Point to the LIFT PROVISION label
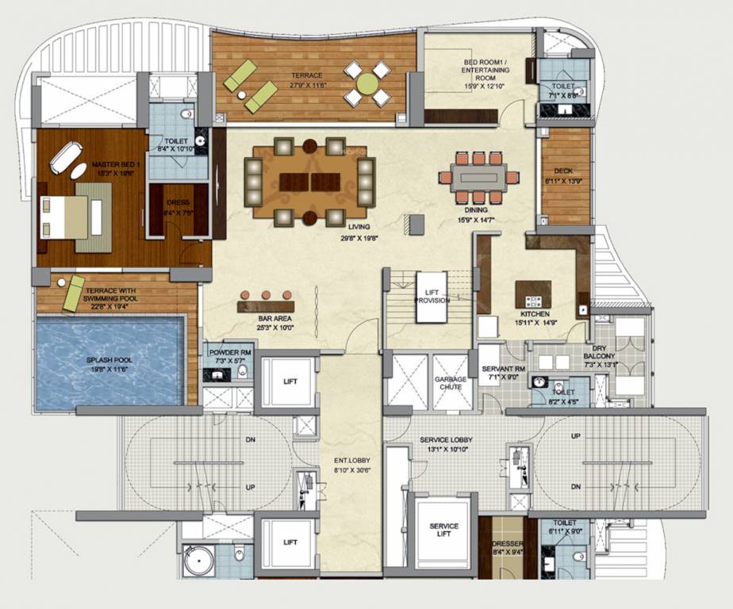pyautogui.click(x=432, y=297)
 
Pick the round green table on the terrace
pyautogui.click(x=367, y=83)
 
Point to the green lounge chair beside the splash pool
pyautogui.click(x=74, y=293)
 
